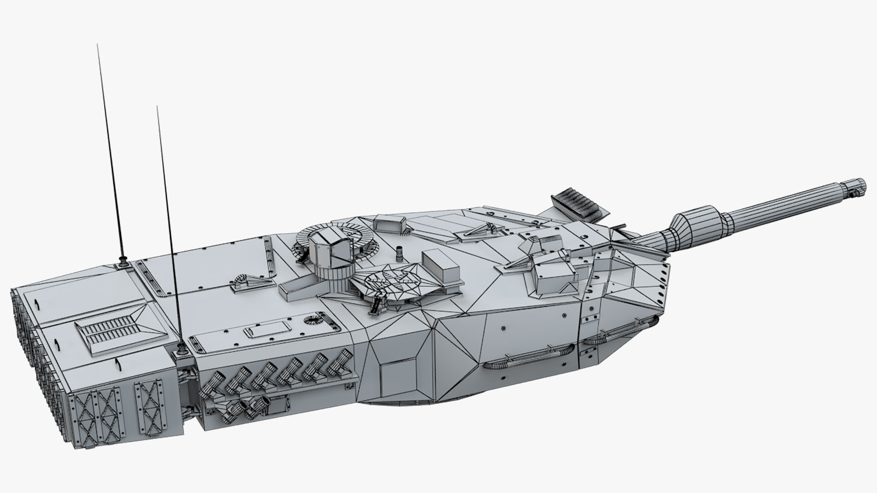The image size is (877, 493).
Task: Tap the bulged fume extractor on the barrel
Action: point(698,225)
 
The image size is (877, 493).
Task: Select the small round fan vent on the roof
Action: point(312,320)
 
